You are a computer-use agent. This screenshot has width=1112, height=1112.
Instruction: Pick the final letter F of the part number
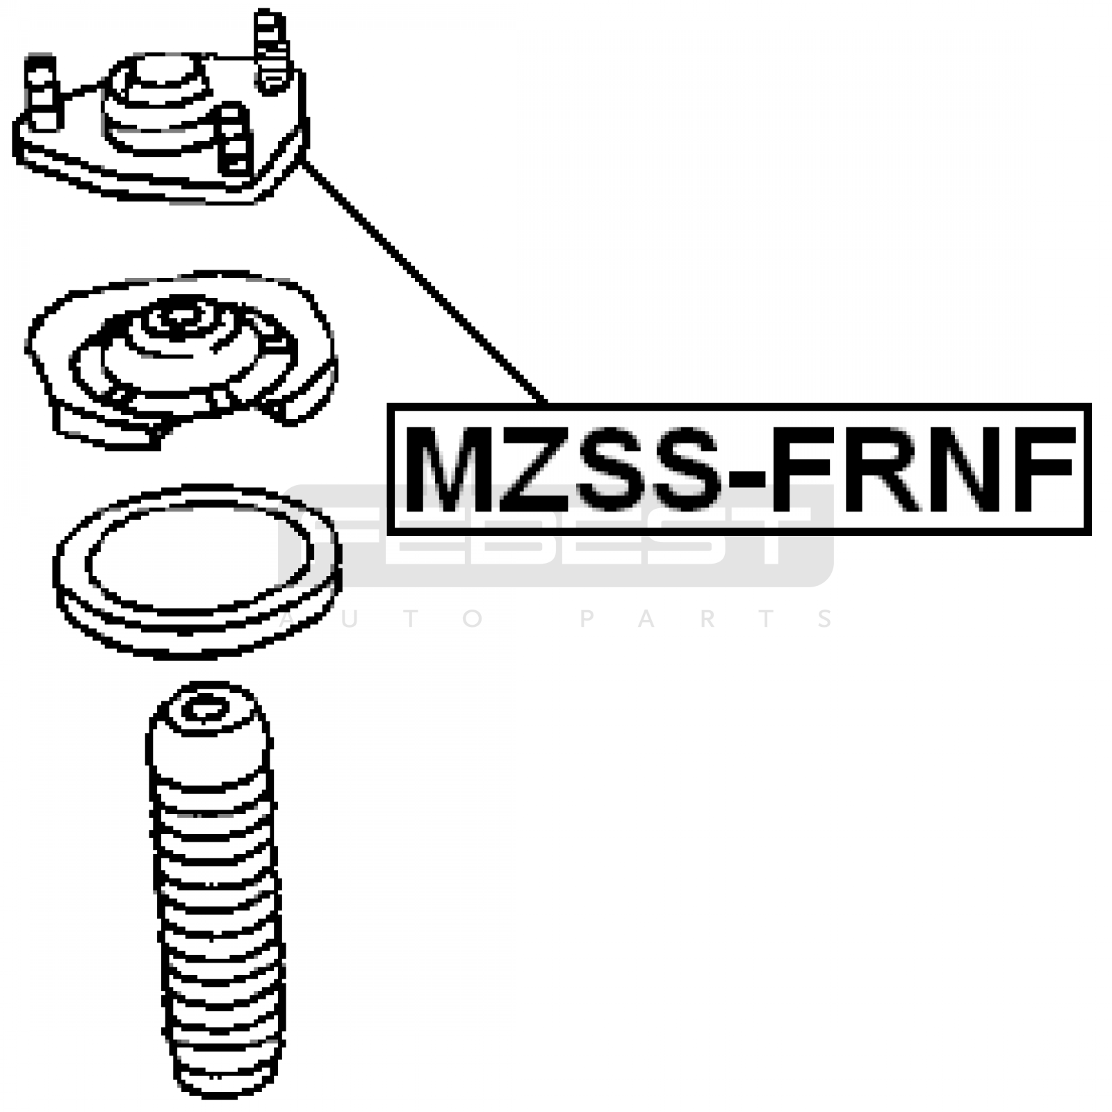pyautogui.click(x=1042, y=470)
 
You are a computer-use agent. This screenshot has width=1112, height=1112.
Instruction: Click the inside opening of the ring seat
pyautogui.click(x=198, y=556)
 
